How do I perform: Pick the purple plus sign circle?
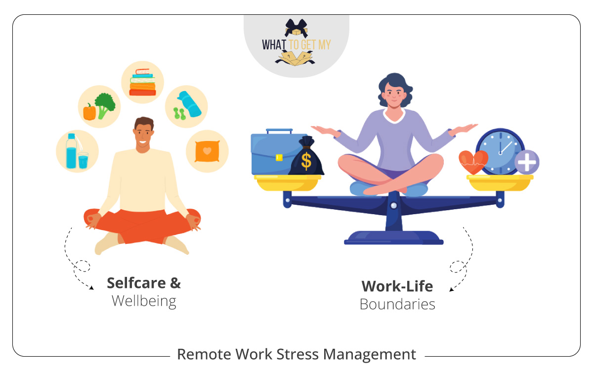click(527, 162)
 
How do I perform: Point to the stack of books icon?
click(142, 83)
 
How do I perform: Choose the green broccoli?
click(105, 104)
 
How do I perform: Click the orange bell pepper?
click(89, 112)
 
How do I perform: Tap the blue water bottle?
click(72, 151)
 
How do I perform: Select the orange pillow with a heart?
click(207, 151)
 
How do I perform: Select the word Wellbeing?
click(144, 301)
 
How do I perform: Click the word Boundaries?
click(397, 304)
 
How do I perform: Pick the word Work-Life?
click(397, 286)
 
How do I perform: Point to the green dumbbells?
click(179, 113)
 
